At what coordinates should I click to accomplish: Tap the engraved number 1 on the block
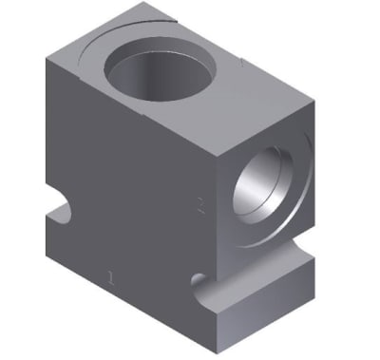(x=112, y=277)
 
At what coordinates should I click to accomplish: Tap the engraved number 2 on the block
(x=199, y=204)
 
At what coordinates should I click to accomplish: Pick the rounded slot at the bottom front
(x=199, y=282)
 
